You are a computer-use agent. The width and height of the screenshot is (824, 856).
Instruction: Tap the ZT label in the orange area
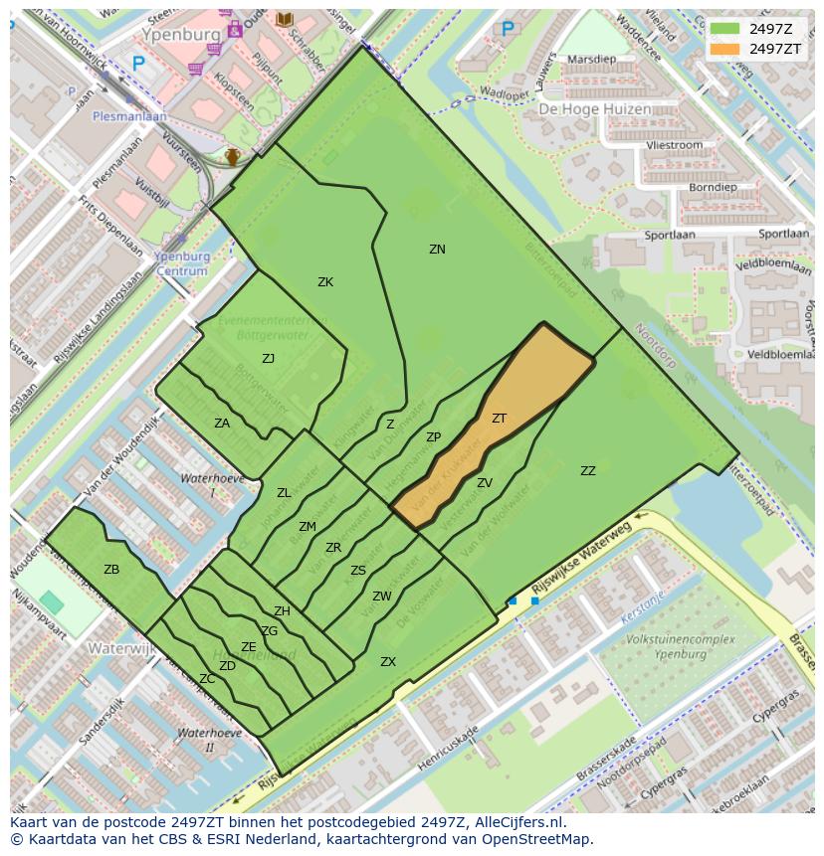[499, 419]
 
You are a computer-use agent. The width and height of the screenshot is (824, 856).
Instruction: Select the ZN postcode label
[437, 250]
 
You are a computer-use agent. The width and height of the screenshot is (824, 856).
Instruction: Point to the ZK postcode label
[325, 282]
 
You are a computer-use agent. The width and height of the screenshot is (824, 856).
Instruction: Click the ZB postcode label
[111, 570]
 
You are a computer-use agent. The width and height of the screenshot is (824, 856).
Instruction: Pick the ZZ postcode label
[588, 471]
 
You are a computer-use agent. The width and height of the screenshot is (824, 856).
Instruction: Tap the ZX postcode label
[388, 662]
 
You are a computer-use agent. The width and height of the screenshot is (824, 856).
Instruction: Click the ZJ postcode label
[269, 359]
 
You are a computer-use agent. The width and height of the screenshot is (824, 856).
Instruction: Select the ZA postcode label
[222, 424]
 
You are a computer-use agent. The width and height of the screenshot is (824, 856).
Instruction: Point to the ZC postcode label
[207, 679]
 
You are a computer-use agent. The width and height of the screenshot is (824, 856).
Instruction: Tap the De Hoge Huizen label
[595, 109]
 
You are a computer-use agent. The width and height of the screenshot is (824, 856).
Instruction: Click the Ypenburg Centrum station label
[182, 263]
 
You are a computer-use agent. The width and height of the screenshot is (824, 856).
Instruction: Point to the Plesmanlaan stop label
[129, 115]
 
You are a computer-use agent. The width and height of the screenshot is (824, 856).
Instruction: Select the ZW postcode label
[382, 597]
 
